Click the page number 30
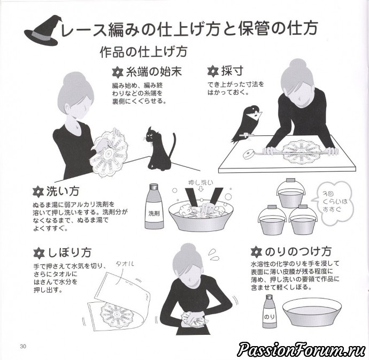(23, 346)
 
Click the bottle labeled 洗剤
(154, 206)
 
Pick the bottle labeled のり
(270, 311)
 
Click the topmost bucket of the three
(289, 194)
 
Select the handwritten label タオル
(125, 264)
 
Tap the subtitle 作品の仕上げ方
(143, 52)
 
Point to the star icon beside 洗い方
(38, 192)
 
